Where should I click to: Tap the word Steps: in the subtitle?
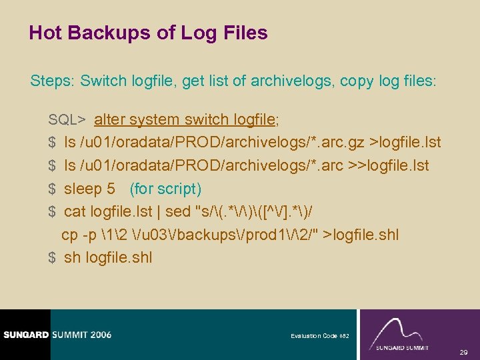tap(53, 81)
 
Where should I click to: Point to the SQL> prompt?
tap(67, 120)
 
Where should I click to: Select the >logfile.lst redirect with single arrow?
tap(406, 143)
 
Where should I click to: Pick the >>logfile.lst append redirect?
tap(388, 165)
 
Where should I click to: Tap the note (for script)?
tap(165, 189)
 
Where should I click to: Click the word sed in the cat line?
tap(177, 212)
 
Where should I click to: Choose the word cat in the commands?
tap(75, 212)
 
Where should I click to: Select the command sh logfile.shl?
tap(108, 257)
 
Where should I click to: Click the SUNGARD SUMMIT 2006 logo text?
tap(56, 335)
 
